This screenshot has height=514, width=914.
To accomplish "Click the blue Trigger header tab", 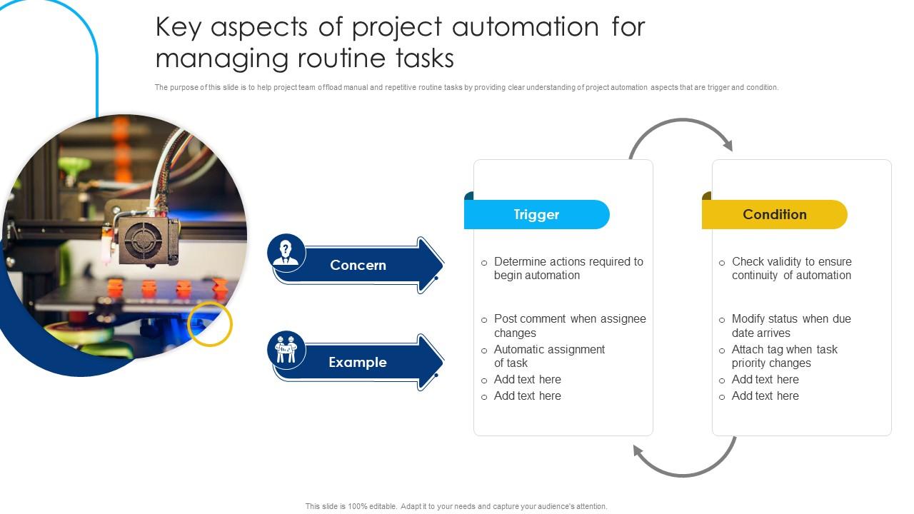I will click(536, 215).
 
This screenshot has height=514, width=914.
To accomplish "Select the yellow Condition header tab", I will click(775, 215).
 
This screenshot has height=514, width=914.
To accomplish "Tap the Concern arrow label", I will click(358, 266).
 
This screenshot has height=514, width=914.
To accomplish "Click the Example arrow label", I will click(358, 363).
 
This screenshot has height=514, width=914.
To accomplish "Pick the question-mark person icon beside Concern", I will click(286, 252).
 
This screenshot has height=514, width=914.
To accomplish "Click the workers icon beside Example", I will click(286, 350).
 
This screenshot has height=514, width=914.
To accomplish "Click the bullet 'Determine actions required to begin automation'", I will click(568, 268).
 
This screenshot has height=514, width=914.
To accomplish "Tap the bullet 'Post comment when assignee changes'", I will click(569, 326).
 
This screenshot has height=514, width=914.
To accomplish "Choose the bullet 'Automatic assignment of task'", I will click(549, 356).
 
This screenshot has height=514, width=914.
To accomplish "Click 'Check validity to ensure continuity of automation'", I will click(791, 268).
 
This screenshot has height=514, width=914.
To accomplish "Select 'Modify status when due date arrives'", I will click(790, 326).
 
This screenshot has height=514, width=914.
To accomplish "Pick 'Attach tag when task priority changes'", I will click(784, 356).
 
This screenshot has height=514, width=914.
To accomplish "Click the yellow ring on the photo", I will click(210, 324).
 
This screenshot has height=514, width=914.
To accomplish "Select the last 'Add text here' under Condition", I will click(765, 396).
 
